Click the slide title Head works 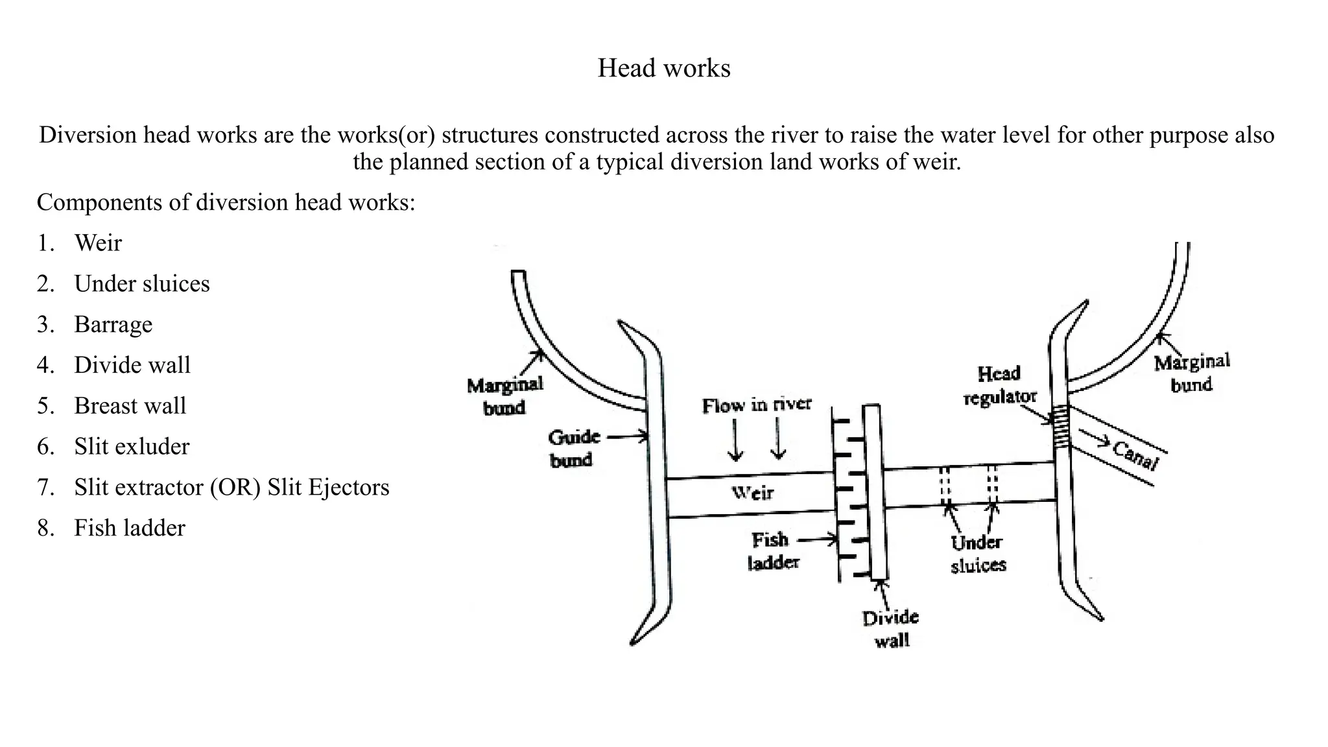(663, 68)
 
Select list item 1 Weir (97, 243)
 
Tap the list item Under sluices (141, 284)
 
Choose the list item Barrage (113, 324)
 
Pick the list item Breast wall (130, 406)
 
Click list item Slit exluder (131, 447)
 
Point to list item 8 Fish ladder (129, 528)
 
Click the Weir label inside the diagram (752, 493)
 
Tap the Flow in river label (756, 405)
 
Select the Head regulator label (999, 385)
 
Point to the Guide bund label (573, 448)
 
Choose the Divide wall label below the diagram (891, 628)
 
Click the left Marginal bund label (504, 396)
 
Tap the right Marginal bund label (1191, 373)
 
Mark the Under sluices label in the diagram (977, 554)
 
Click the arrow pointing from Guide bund (627, 436)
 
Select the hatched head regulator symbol (1060, 427)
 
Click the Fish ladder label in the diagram (772, 551)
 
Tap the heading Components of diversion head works (226, 202)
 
